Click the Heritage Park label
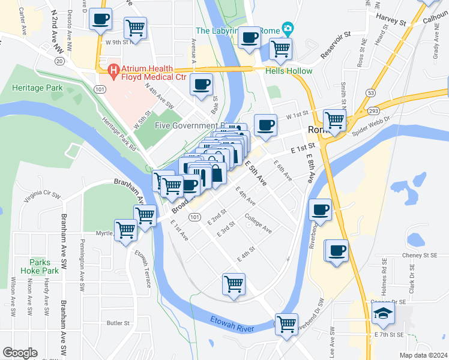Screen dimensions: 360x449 point(37,88)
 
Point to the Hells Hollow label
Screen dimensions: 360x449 point(289,71)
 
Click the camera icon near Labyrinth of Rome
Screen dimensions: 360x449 point(288,29)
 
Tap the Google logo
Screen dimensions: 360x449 point(20,353)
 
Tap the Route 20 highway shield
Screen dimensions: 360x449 point(59,61)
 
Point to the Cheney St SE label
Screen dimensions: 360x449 point(421,255)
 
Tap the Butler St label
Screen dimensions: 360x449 point(118,323)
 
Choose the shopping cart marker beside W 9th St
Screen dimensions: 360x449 point(136,28)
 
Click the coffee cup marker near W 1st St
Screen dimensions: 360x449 point(266,125)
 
